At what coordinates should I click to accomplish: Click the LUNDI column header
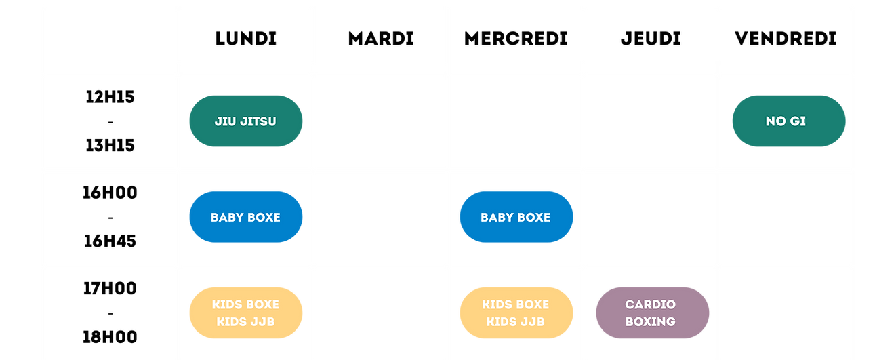coord(245,39)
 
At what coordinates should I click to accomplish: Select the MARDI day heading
coord(381,39)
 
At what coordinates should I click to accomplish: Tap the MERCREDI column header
coord(516,39)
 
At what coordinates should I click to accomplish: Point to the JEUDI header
coord(651,39)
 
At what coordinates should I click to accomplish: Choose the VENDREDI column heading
coord(786,39)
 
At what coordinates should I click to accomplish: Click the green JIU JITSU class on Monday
coord(245,121)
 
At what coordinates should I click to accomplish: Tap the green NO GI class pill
coord(789,121)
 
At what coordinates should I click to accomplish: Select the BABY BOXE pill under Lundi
coord(245,217)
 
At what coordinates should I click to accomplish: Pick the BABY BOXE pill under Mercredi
coord(516,217)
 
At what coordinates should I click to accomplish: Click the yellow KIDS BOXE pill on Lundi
coord(245,313)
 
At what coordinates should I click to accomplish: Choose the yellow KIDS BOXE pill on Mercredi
coord(516,313)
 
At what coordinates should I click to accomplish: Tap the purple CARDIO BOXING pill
coord(653,313)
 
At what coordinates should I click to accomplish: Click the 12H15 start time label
coord(110,97)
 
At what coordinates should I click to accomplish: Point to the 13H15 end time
coord(110,145)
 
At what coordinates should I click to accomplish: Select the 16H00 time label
coord(110,193)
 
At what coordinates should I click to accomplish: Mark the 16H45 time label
coord(110,241)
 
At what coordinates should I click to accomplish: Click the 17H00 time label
coord(110,288)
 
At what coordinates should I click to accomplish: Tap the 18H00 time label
coord(110,337)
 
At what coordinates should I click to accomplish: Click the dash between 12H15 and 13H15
coord(110,121)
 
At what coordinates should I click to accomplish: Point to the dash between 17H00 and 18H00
coord(110,313)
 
